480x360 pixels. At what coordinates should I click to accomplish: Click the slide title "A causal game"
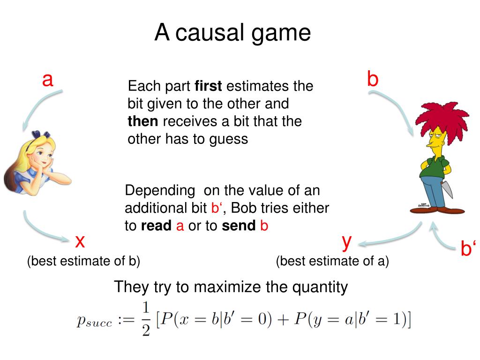click(233, 33)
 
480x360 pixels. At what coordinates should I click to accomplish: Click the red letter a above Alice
click(47, 80)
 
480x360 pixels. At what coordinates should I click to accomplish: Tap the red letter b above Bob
click(373, 79)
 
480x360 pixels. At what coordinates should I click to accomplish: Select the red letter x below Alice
click(80, 241)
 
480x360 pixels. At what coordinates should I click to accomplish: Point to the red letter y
click(347, 241)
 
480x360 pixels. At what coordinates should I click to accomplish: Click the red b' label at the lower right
click(468, 249)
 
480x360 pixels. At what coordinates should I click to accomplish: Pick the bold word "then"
click(142, 121)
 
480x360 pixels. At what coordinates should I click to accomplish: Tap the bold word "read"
click(156, 226)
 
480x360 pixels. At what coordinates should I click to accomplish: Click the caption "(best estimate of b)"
click(83, 261)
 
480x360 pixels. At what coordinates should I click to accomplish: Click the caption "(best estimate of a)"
click(332, 261)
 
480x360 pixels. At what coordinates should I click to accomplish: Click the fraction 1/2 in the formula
click(145, 319)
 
